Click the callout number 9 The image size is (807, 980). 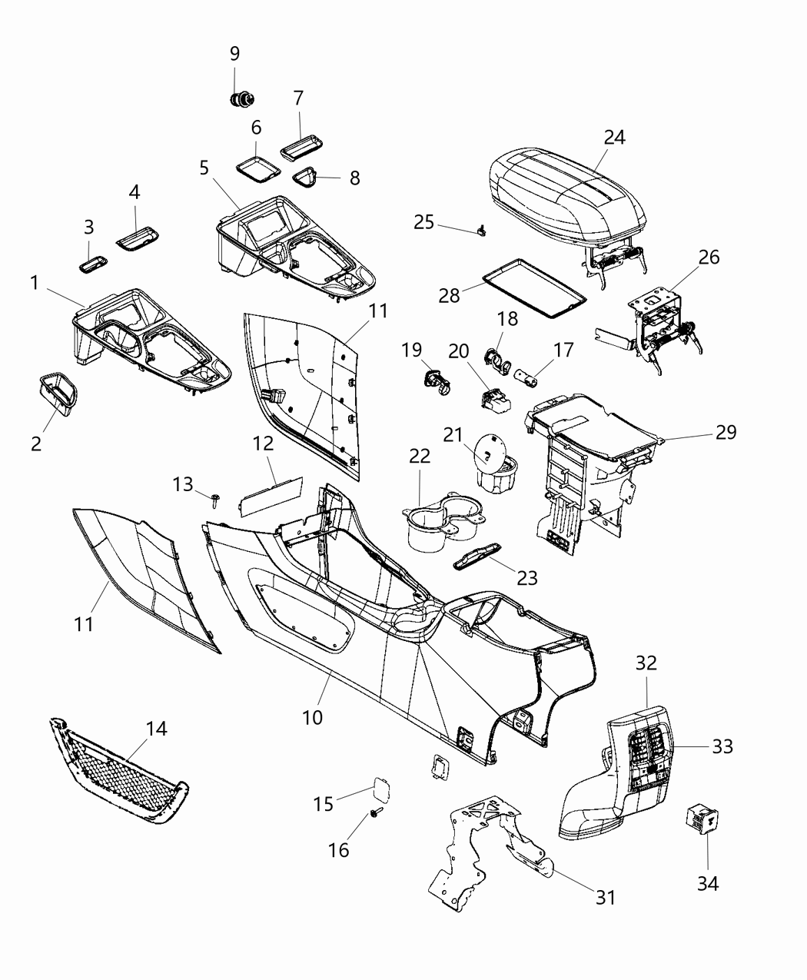coord(234,53)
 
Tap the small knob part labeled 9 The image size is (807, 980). coord(242,100)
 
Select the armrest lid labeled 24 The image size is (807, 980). coord(567,192)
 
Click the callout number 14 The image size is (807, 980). coord(157,728)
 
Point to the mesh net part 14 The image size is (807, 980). coord(123,772)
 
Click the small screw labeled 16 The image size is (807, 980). coord(377,812)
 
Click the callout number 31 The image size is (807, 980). coord(606,896)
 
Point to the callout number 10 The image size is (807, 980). coord(312,717)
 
